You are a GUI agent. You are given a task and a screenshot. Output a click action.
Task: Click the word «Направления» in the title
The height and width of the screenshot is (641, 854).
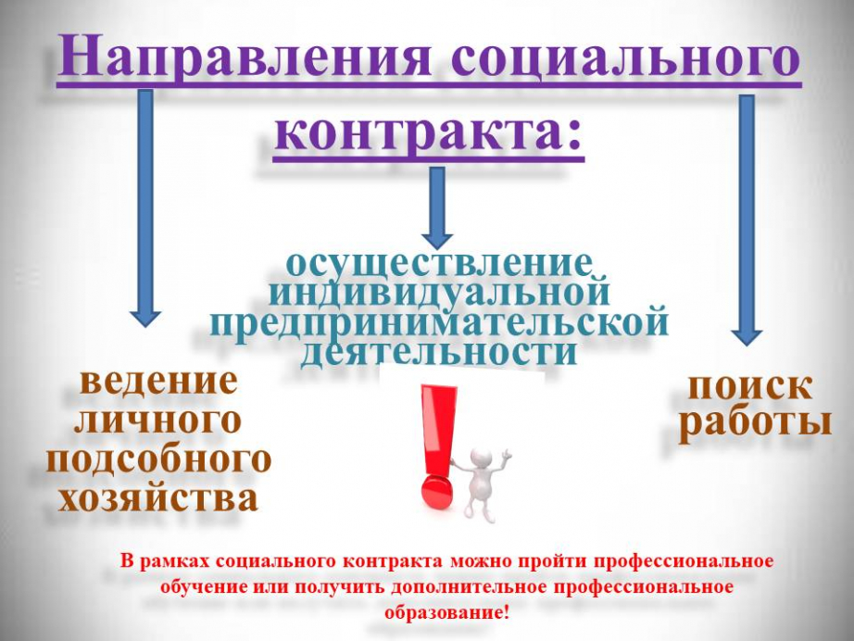tap(245, 57)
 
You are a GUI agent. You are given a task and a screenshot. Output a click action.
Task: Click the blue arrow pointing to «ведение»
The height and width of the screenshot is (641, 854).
tap(145, 208)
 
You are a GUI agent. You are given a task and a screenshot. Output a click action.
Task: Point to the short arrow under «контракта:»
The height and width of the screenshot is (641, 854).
tap(437, 208)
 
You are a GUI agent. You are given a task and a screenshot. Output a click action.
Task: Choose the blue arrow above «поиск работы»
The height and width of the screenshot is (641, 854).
tap(747, 220)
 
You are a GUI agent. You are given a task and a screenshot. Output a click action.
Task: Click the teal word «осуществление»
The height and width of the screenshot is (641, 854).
tap(438, 265)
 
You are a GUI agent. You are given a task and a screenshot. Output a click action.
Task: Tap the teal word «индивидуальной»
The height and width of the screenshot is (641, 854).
tap(440, 292)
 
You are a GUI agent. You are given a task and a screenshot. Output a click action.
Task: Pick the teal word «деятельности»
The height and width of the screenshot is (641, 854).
tap(438, 352)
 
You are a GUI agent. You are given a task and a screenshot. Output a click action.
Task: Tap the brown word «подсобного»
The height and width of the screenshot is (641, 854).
tap(158, 459)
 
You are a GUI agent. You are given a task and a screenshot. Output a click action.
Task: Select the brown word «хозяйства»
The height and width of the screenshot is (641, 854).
tap(158, 497)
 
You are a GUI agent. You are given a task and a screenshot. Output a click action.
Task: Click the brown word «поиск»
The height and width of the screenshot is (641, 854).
tap(749, 388)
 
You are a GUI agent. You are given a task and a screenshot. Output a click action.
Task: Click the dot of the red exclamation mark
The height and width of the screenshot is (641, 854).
tap(437, 493)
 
